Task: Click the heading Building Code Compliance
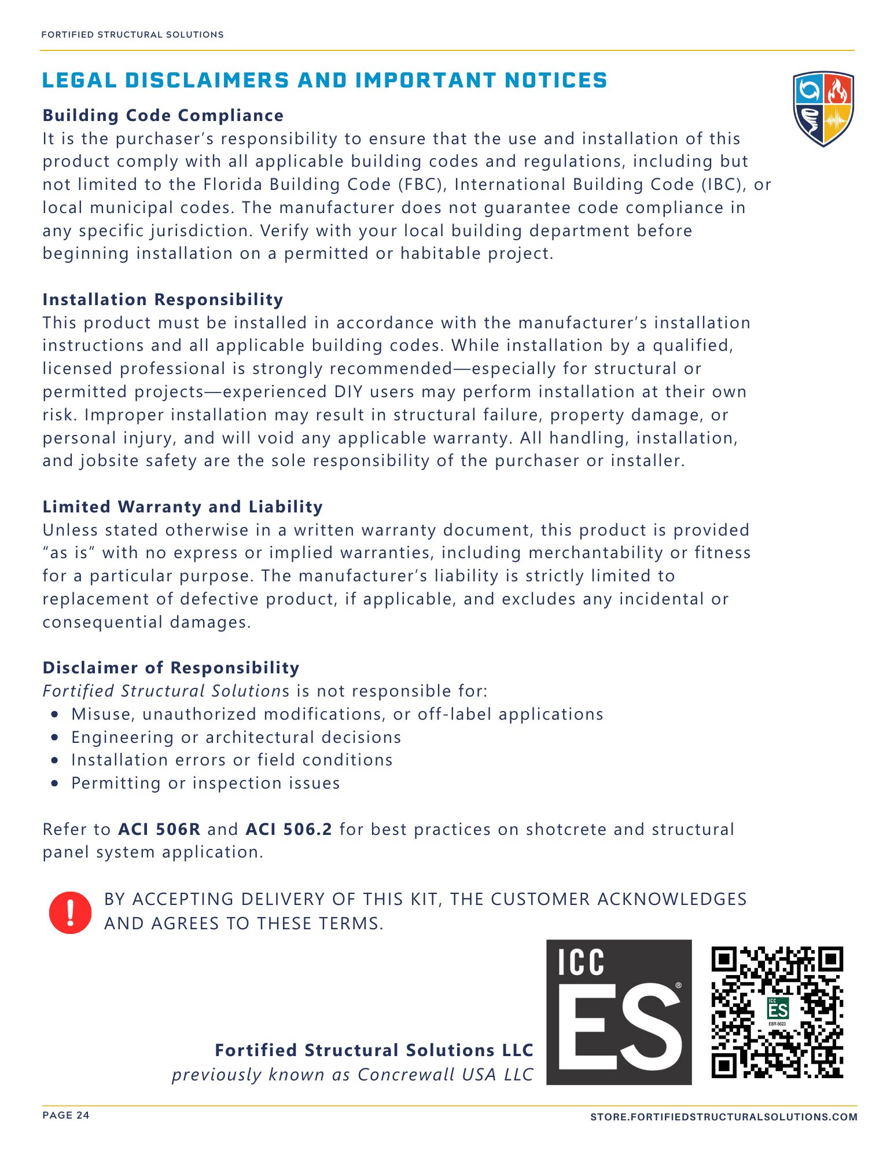click(x=163, y=116)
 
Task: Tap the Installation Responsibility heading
click(x=163, y=300)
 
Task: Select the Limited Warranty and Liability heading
click(x=182, y=507)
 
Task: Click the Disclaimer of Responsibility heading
click(x=171, y=668)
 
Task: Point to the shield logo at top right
click(x=823, y=109)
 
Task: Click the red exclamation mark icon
click(x=70, y=913)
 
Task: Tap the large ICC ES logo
click(x=619, y=1012)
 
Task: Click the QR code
click(x=777, y=1012)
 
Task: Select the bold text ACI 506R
click(x=159, y=830)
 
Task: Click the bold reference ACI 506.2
click(x=289, y=830)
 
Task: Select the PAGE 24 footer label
click(x=66, y=1116)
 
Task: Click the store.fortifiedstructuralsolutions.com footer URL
click(x=723, y=1117)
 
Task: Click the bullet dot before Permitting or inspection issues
click(x=55, y=784)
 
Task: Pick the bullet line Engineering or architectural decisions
click(x=236, y=738)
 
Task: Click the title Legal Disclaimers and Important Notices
click(x=325, y=80)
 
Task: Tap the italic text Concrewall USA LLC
click(x=445, y=1075)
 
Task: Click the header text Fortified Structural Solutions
click(x=133, y=35)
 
